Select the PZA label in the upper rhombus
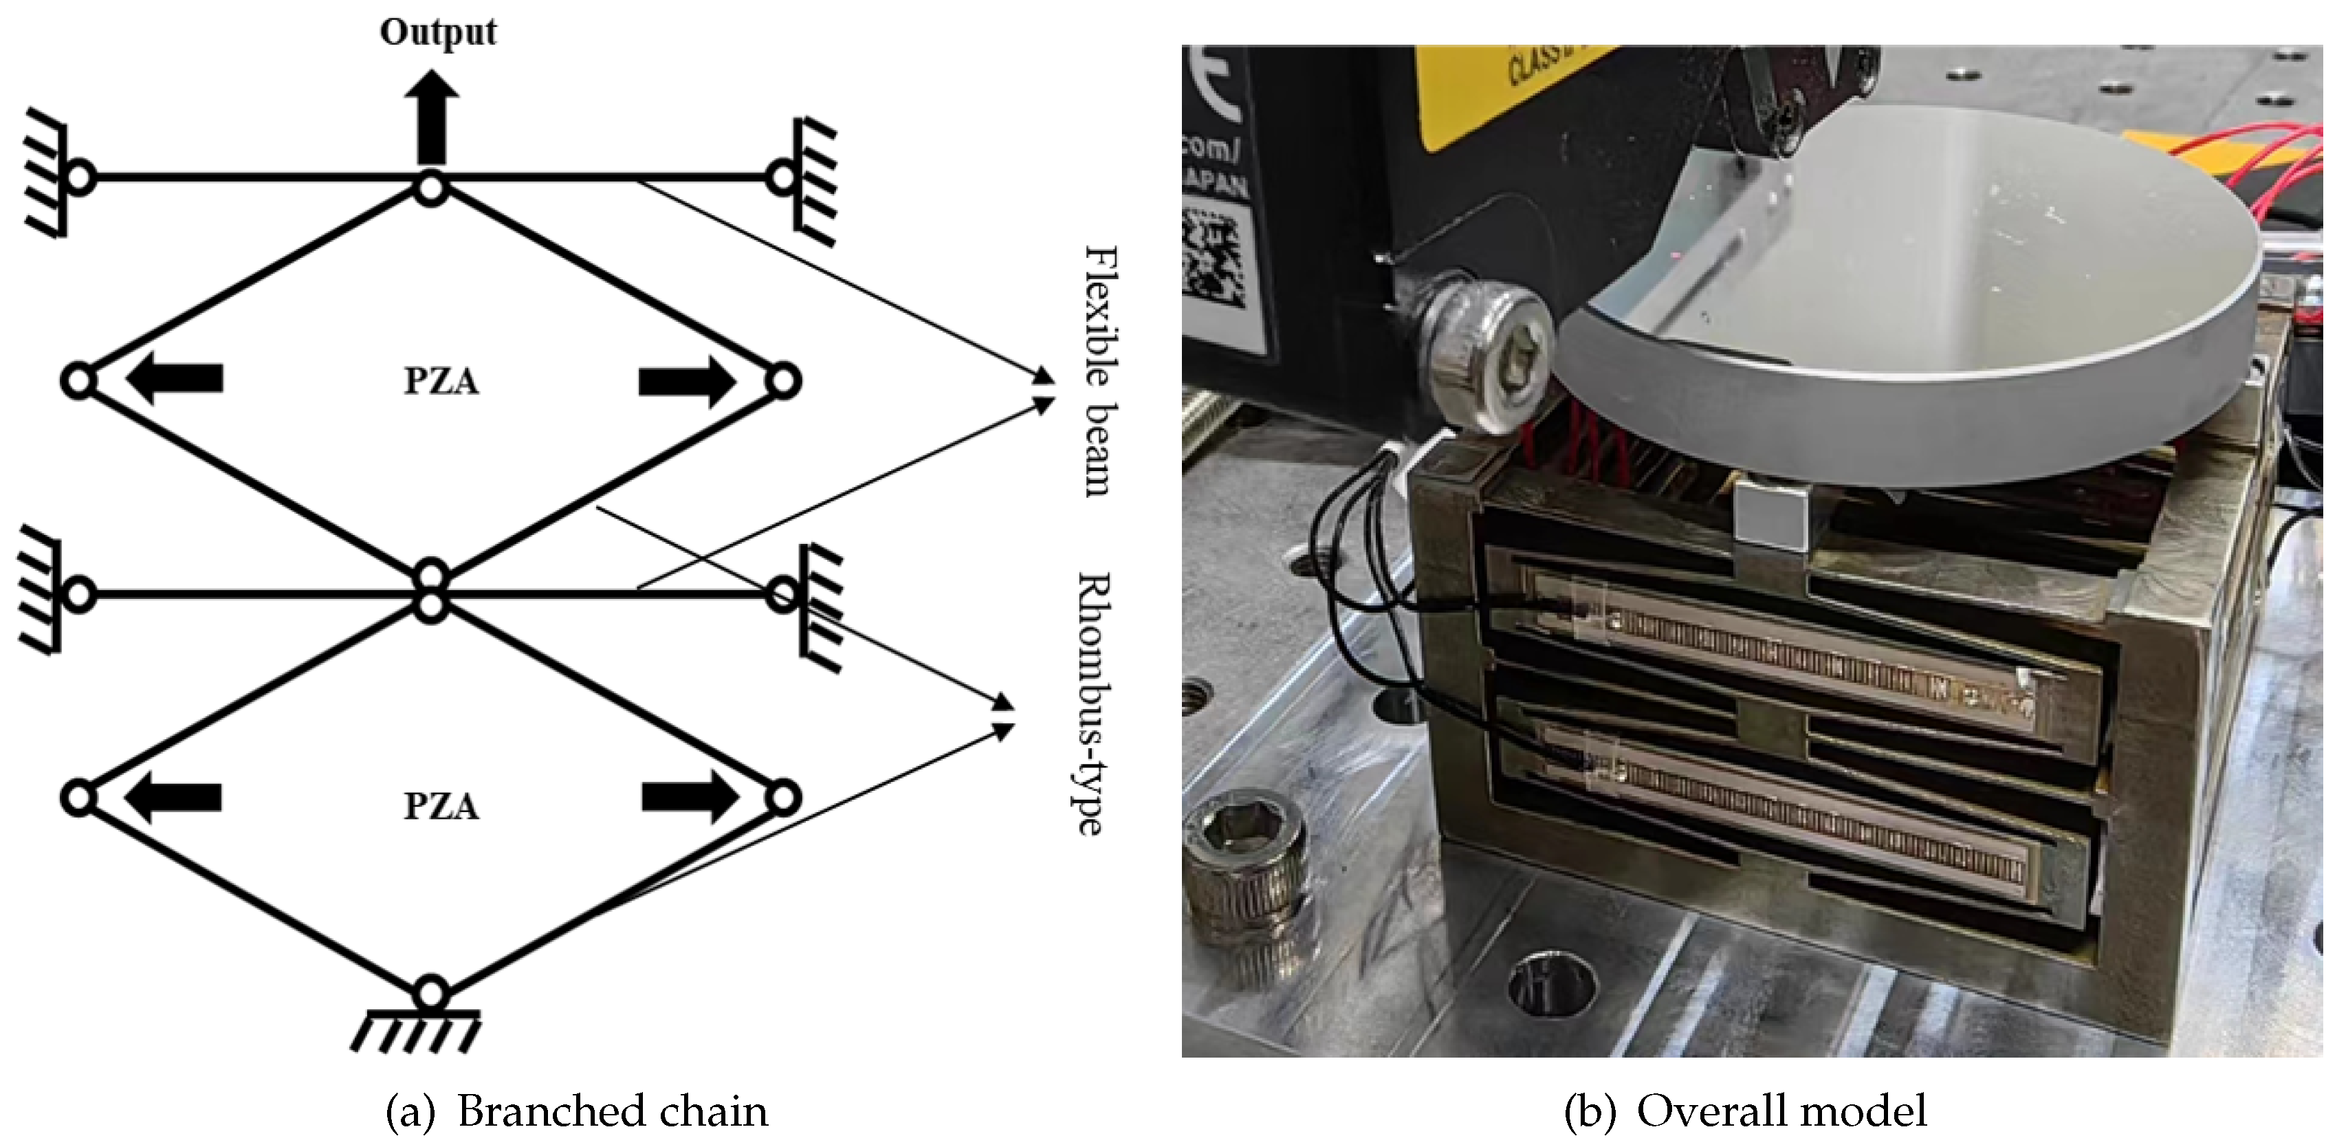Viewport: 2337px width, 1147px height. pos(441,381)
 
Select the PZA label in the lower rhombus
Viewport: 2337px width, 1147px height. pos(441,806)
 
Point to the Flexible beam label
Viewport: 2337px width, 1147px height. pos(1101,371)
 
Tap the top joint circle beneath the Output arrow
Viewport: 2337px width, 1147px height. pos(431,188)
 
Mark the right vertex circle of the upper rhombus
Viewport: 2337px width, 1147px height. pos(783,381)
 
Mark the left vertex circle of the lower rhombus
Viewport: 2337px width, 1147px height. pos(79,798)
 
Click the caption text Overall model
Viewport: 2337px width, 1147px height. pos(1781,1112)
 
